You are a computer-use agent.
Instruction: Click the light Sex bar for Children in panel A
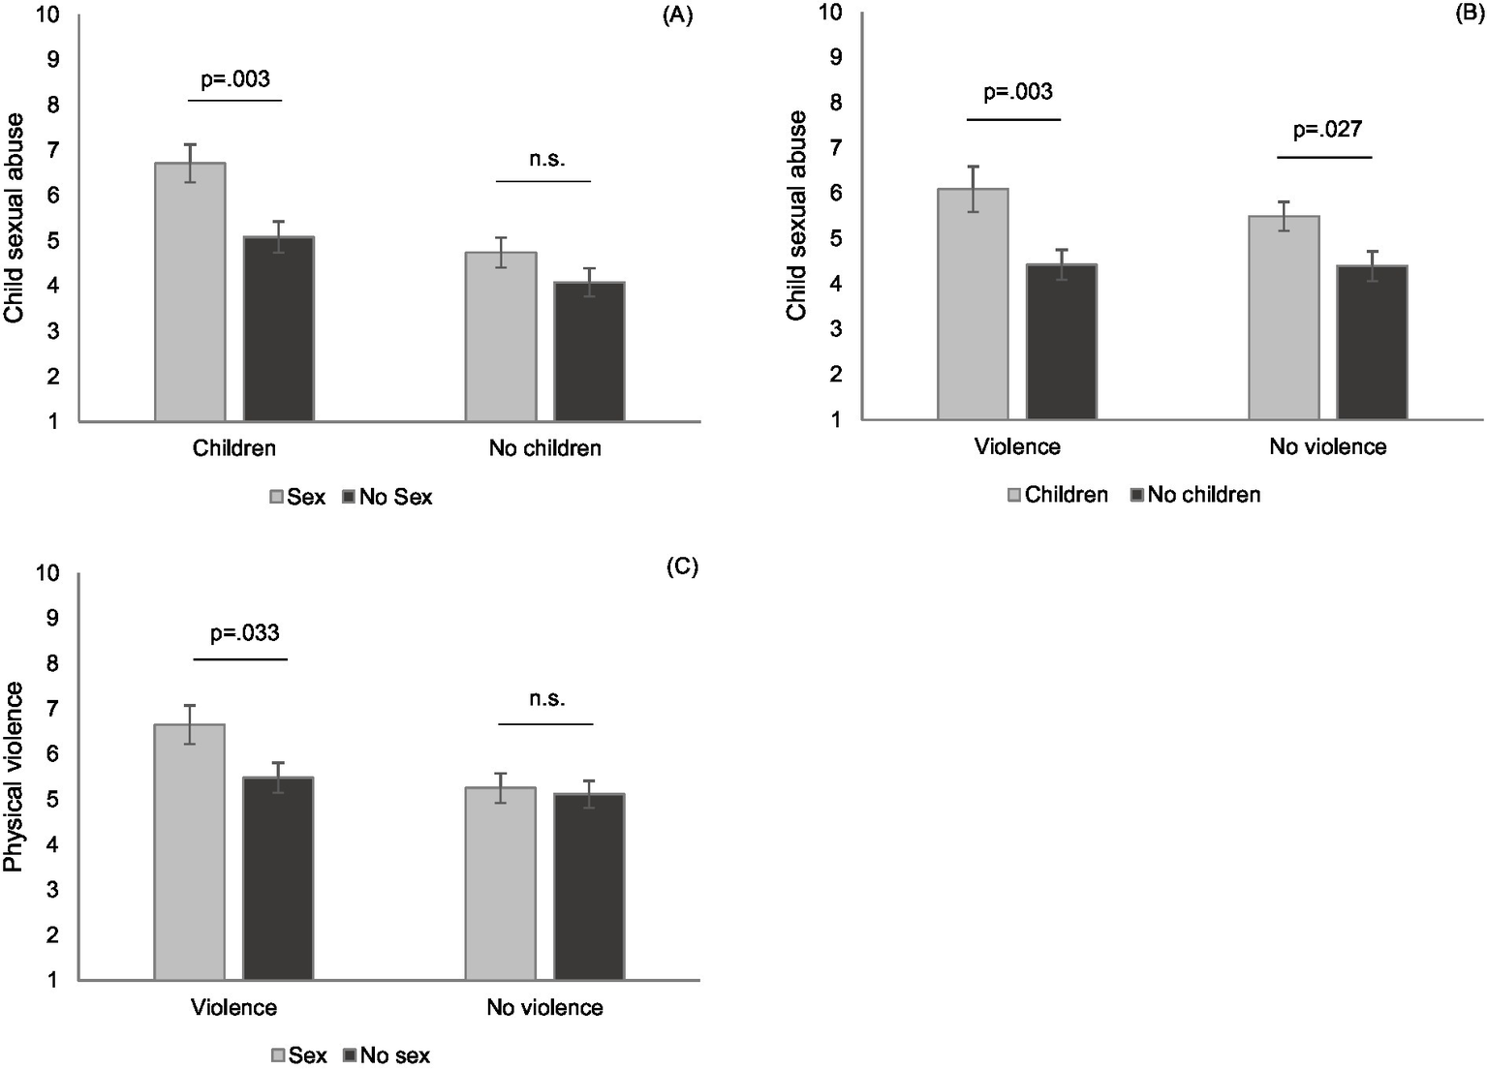(x=190, y=291)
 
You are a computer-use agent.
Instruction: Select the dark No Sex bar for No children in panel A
(x=589, y=352)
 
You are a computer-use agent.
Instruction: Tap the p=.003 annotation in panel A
(x=235, y=79)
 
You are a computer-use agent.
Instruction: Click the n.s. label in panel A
(x=546, y=160)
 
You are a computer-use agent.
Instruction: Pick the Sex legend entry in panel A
(x=297, y=497)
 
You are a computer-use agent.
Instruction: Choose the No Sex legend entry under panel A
(x=387, y=497)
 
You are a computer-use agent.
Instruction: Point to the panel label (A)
(x=677, y=16)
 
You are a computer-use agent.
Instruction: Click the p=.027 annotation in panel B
(x=1327, y=130)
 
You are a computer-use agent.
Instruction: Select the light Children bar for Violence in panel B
(x=973, y=303)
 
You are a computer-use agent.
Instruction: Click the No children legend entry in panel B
(x=1195, y=495)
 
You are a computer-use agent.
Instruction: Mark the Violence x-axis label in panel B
(x=1017, y=446)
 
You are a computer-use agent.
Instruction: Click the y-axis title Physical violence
(x=15, y=777)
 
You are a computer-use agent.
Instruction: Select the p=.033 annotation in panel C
(x=245, y=633)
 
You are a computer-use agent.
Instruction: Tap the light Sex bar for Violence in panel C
(x=190, y=851)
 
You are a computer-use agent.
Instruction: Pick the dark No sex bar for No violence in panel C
(x=589, y=886)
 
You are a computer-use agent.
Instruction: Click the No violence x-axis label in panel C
(x=544, y=1007)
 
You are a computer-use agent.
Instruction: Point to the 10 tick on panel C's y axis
(x=47, y=572)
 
